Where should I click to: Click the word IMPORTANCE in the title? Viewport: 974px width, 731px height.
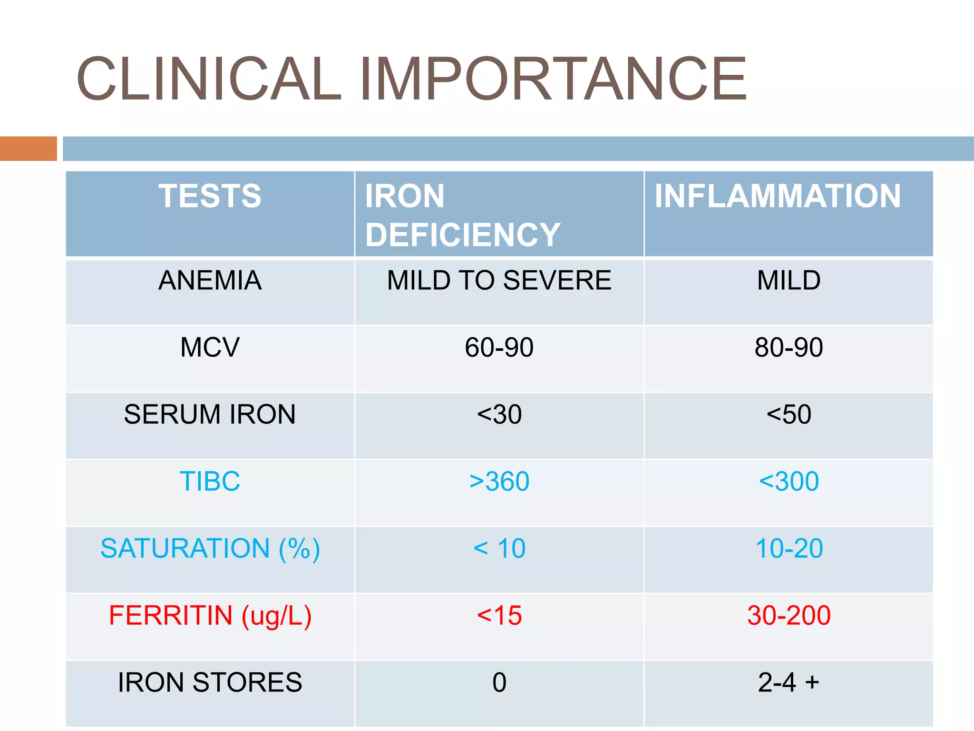553,79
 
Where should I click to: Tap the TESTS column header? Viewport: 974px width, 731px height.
210,196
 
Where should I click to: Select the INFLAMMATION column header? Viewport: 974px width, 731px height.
778,196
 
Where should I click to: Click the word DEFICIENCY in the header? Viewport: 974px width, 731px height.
463,235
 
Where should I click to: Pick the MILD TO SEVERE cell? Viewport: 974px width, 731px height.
499,280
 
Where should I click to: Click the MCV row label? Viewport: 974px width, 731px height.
210,347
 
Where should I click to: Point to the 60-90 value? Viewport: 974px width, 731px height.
499,347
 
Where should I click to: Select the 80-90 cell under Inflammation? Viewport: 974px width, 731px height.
789,347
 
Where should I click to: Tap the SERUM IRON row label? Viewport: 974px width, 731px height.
210,415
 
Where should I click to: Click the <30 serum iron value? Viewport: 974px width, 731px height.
499,415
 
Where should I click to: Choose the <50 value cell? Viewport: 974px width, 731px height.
789,415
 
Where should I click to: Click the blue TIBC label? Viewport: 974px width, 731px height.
210,482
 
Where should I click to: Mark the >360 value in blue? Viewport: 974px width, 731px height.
499,482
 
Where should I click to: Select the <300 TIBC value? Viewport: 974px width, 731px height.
789,482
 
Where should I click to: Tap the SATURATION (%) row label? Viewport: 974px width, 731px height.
210,549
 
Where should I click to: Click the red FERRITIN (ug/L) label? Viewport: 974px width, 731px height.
210,616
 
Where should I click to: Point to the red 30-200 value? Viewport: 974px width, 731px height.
789,616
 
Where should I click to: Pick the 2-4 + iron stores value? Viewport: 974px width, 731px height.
789,683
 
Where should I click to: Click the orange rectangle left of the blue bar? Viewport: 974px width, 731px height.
29,148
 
